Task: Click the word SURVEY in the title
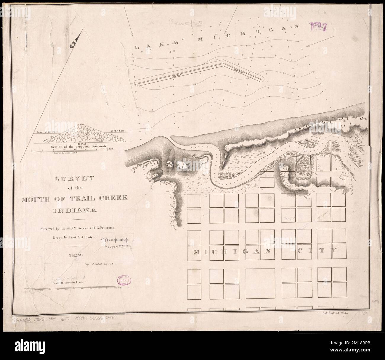pyautogui.click(x=74, y=179)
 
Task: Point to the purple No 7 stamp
pyautogui.click(x=318, y=27)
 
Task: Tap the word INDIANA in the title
pyautogui.click(x=75, y=211)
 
